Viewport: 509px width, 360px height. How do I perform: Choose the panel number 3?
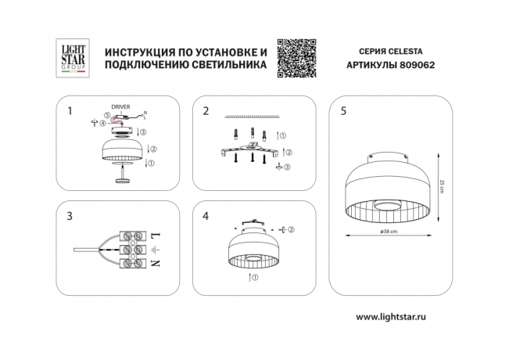tap(70, 217)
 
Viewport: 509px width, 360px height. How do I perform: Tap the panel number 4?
tap(206, 217)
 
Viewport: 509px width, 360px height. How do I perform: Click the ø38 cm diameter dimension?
tap(389, 232)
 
